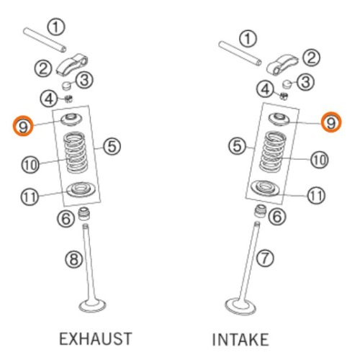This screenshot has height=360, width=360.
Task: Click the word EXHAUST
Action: (96, 339)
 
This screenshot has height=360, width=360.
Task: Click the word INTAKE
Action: (240, 339)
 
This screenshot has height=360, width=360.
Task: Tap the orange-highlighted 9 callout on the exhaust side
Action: (23, 126)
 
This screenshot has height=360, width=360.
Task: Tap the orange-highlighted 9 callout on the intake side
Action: (331, 122)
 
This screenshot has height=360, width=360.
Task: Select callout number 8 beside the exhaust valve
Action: (74, 259)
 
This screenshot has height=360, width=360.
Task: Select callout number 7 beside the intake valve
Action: (265, 258)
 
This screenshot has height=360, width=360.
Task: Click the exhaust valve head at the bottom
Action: (93, 305)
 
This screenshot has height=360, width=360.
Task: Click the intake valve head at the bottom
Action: (240, 306)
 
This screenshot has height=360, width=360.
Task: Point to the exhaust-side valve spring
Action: (75, 152)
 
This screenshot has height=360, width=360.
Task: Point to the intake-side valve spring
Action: (273, 151)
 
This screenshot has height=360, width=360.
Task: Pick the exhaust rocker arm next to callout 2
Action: (72, 64)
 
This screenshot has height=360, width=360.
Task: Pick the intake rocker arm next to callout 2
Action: (282, 65)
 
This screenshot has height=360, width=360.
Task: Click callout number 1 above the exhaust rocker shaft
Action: (55, 27)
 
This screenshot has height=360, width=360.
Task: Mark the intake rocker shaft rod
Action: (240, 53)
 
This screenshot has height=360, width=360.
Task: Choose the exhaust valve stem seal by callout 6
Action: (84, 213)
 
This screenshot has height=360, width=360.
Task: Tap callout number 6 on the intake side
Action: (277, 217)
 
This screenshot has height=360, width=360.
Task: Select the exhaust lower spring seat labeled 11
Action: (81, 189)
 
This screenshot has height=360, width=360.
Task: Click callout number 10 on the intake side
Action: (320, 160)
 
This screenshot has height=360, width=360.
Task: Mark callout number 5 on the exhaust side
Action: (112, 146)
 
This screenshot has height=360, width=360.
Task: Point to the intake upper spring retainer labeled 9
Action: (279, 120)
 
